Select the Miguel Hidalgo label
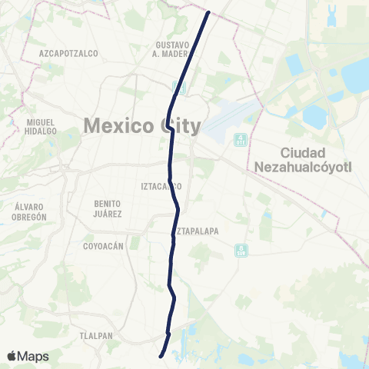pyautogui.click(x=40, y=126)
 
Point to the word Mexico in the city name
pyautogui.click(x=119, y=125)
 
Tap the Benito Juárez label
pyautogui.click(x=108, y=208)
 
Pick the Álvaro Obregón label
pyautogui.click(x=31, y=211)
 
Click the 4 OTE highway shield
pyautogui.click(x=241, y=139)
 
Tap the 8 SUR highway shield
pyautogui.click(x=241, y=250)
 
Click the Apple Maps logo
pyautogui.click(x=28, y=356)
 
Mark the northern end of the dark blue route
pyautogui.click(x=208, y=12)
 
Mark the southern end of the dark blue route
pyautogui.click(x=160, y=356)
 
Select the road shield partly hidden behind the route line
pyautogui.click(x=179, y=87)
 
